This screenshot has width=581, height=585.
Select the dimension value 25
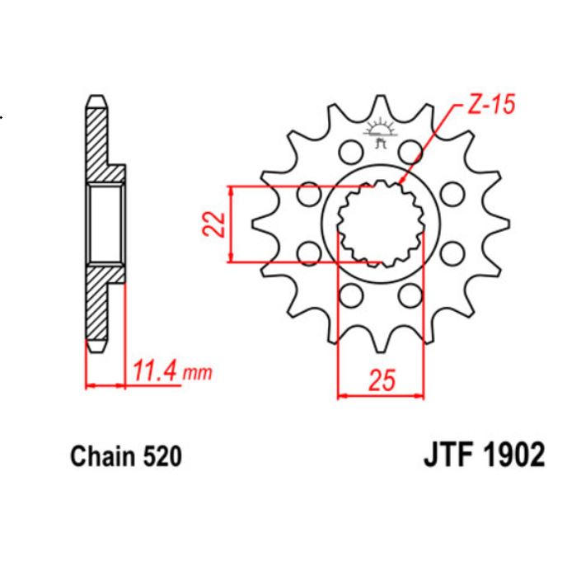click(x=380, y=380)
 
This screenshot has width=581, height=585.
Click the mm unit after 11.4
click(x=197, y=374)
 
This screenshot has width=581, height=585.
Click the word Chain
click(x=103, y=457)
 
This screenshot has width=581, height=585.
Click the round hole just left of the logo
click(x=349, y=152)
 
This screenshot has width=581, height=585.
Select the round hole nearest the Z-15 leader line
click(x=410, y=152)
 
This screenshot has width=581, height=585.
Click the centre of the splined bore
click(x=380, y=224)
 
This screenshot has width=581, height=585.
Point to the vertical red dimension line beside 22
click(x=234, y=224)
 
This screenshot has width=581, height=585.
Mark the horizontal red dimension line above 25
click(x=380, y=397)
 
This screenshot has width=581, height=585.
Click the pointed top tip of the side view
click(x=96, y=97)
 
